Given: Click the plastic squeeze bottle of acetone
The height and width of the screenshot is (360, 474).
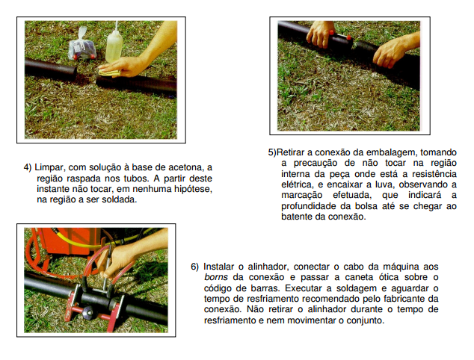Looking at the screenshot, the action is tap(114, 45).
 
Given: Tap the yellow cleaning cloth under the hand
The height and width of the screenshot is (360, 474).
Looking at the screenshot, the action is tap(109, 72).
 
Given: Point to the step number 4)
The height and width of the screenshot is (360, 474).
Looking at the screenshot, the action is tap(28, 167).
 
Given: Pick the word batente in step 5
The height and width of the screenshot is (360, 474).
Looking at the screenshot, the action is tap(297, 217).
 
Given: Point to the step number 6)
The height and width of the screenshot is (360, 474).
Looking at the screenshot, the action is tap(194, 267).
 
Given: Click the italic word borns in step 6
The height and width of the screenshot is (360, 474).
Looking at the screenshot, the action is tap(216, 277).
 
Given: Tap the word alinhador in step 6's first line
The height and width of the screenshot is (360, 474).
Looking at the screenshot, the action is tap(268, 267).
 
